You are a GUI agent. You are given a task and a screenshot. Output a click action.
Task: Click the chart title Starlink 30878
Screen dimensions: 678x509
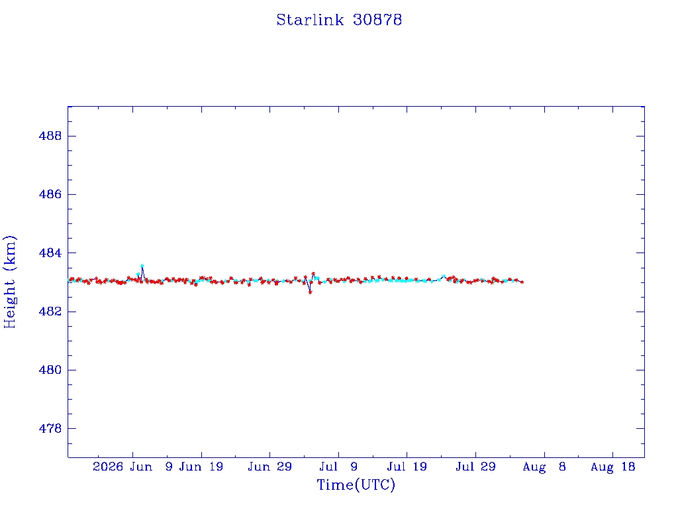[x=339, y=20]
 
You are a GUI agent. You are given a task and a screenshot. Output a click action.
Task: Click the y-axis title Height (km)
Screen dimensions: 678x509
[x=9, y=282]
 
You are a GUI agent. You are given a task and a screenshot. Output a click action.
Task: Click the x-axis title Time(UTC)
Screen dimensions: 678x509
[x=356, y=484]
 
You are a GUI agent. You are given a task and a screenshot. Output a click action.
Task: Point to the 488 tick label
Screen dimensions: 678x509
[x=50, y=136]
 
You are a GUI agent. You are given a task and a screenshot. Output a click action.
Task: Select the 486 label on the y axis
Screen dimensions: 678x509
[x=50, y=194]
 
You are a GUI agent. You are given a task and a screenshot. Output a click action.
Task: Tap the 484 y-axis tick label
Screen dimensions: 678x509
[x=50, y=253]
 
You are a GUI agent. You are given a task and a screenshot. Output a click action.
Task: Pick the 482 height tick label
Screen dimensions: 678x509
[x=50, y=311]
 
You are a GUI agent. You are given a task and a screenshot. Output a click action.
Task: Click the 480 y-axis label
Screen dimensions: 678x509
[x=50, y=370]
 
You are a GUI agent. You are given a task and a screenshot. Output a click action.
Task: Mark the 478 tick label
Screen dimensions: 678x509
[x=50, y=429]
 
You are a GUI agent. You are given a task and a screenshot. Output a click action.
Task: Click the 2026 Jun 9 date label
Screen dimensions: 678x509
[x=132, y=467]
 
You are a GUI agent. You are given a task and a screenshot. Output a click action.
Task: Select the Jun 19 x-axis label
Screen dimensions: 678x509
[x=201, y=467]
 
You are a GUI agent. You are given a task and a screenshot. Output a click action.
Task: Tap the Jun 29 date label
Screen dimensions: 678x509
[x=270, y=467]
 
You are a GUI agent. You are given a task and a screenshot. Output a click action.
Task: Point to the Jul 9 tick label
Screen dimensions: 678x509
[x=338, y=467]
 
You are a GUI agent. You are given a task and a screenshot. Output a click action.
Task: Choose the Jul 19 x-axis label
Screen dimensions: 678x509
[x=407, y=467]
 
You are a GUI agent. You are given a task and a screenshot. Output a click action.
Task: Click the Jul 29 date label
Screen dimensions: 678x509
[x=475, y=467]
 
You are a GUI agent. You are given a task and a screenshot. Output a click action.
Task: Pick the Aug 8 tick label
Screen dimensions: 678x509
[x=544, y=467]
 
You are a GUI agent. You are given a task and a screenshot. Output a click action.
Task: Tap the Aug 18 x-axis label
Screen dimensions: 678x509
[x=612, y=467]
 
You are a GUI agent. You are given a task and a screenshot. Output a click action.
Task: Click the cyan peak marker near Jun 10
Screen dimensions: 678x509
[x=142, y=266]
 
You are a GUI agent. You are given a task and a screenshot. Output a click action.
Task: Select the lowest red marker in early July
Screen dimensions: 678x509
[x=310, y=292]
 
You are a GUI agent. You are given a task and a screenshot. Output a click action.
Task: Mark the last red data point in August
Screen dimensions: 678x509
[x=522, y=282]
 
